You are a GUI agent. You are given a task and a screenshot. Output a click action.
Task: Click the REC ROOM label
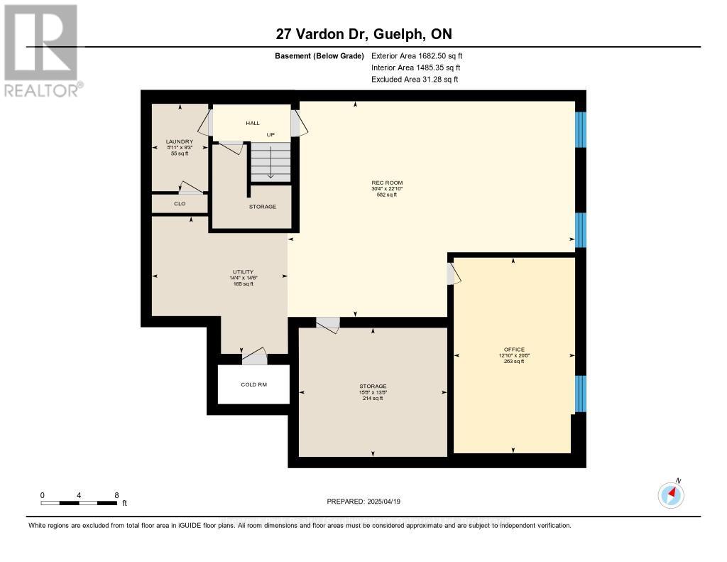pyautogui.click(x=386, y=183)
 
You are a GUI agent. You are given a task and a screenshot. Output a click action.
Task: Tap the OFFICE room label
pyautogui.click(x=514, y=350)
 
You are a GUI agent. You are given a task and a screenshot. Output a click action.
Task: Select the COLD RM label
pyautogui.click(x=253, y=384)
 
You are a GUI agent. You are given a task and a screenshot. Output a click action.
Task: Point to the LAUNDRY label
pyautogui.click(x=179, y=141)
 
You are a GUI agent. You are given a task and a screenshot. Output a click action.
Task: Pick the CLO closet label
pyautogui.click(x=180, y=204)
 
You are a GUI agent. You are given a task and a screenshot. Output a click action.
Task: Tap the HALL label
pyautogui.click(x=253, y=123)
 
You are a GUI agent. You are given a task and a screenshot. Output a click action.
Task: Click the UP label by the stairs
pyautogui.click(x=270, y=134)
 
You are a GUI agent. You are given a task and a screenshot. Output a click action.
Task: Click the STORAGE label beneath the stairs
pyautogui.click(x=262, y=207)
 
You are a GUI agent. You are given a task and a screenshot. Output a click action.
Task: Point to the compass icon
pyautogui.click(x=671, y=495)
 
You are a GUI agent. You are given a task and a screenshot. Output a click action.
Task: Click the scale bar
pyautogui.click(x=79, y=503)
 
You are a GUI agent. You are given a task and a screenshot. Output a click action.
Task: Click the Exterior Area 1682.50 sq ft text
pyautogui.click(x=417, y=55)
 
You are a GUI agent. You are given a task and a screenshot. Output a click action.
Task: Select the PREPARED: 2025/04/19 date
pyautogui.click(x=363, y=502)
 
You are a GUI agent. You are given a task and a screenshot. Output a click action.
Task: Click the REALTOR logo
pyautogui.click(x=42, y=50)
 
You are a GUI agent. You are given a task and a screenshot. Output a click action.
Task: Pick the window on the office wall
pyautogui.click(x=581, y=394)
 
